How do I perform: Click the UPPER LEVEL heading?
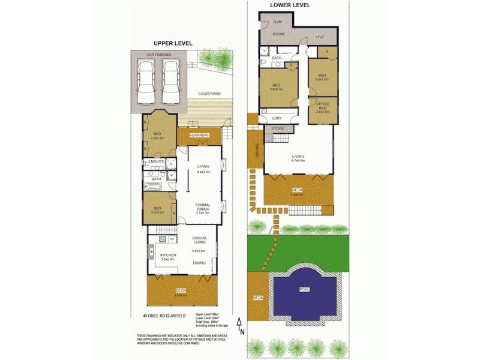click(x=173, y=43)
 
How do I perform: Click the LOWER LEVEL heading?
click(x=290, y=5)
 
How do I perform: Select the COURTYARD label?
click(x=209, y=94)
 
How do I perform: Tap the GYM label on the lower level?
click(x=277, y=22)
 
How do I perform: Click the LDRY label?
click(x=277, y=118)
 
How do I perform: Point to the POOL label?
click(x=305, y=290)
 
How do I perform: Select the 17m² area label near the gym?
click(x=320, y=37)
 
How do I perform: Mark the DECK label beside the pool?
click(x=258, y=298)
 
